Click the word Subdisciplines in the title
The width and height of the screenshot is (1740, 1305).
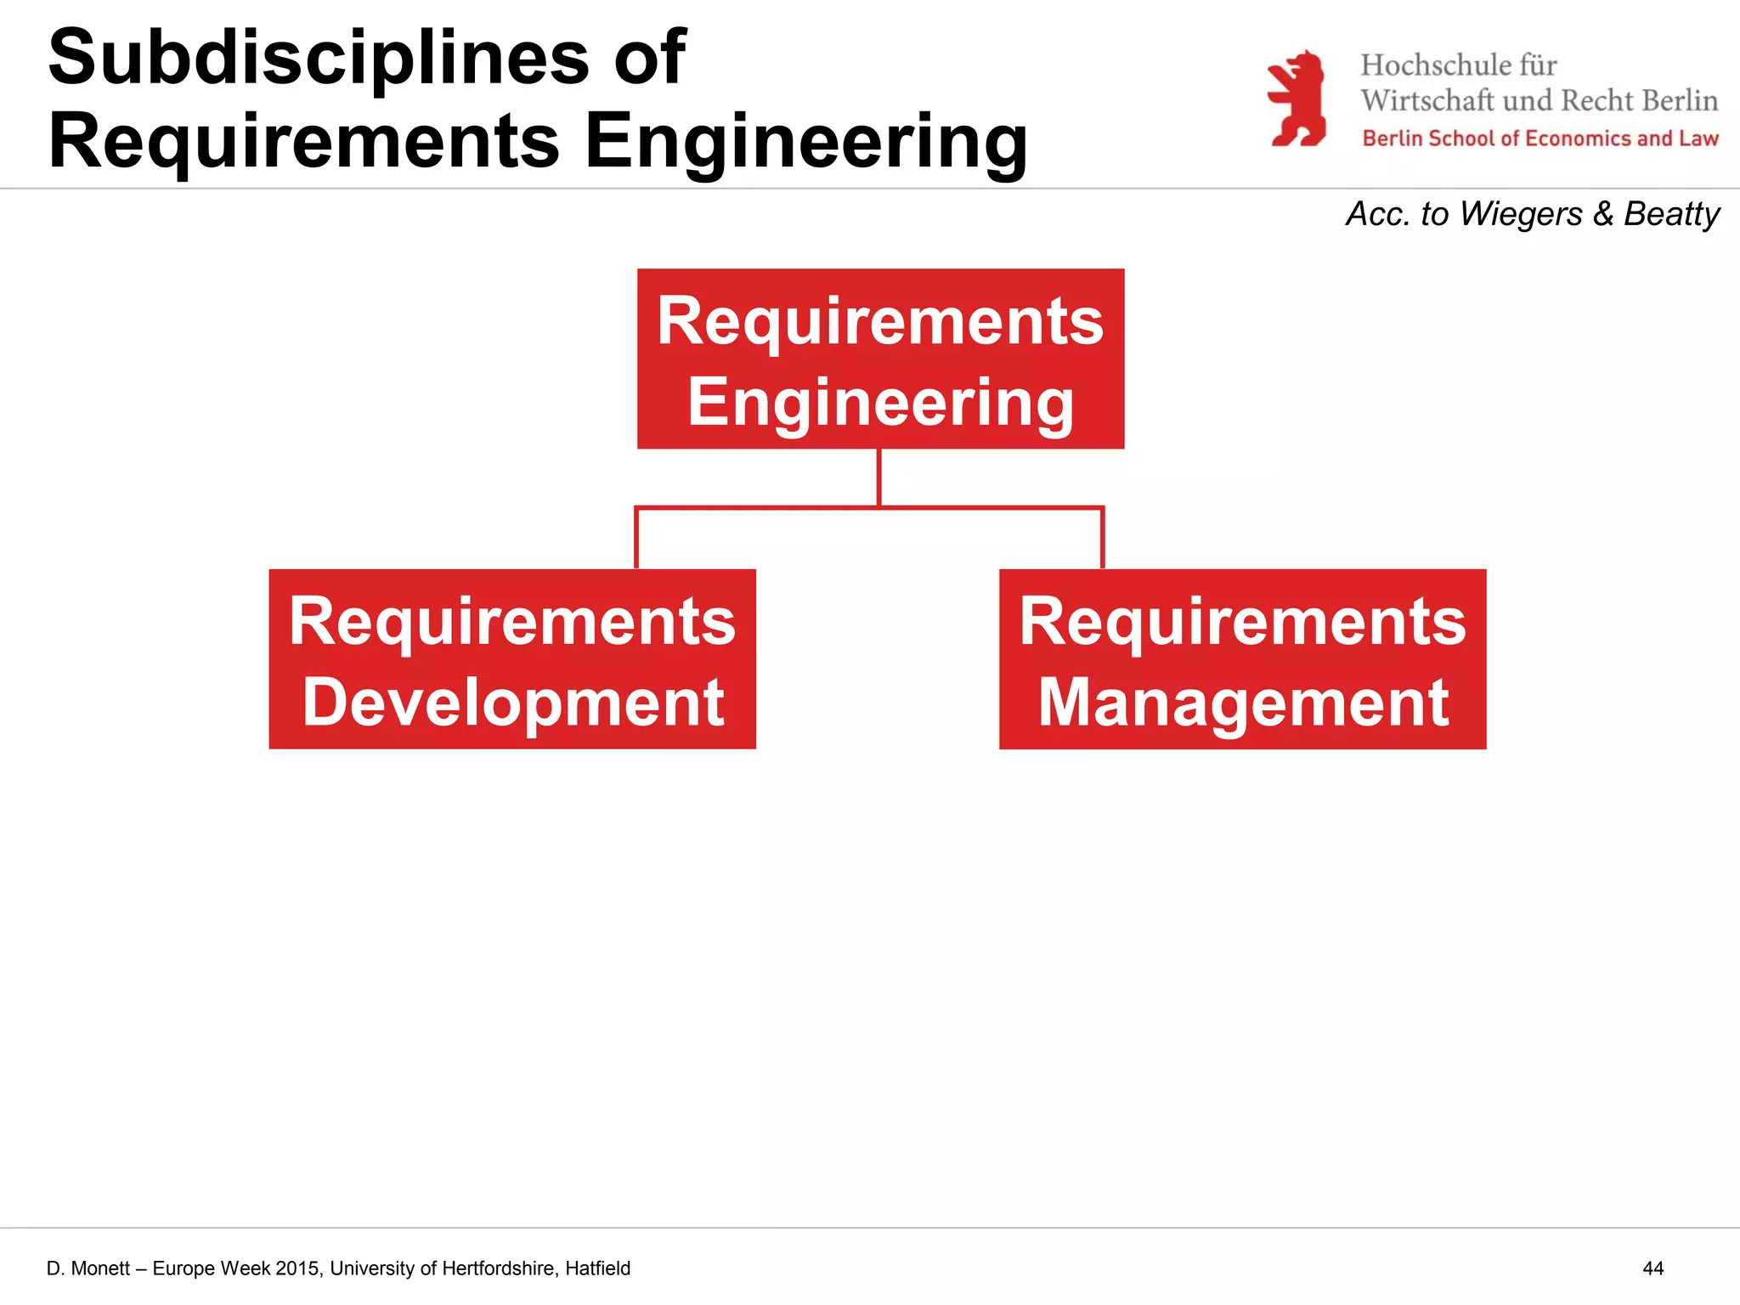319,58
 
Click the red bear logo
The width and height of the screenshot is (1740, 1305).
1297,99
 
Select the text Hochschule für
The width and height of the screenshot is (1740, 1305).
1458,65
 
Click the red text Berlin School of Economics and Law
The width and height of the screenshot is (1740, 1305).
1539,138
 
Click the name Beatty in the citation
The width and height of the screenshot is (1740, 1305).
1671,214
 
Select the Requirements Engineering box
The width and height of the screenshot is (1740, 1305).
880,359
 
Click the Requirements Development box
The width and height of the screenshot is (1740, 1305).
512,659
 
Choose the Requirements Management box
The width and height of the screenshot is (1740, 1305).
1242,659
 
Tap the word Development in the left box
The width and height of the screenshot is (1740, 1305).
513,703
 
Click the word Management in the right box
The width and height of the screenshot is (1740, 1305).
1243,703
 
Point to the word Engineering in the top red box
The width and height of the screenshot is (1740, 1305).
880,402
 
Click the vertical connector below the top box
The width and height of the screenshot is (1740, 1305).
878,477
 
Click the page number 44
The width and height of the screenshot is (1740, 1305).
1652,1268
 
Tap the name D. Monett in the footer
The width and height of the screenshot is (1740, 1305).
88,1268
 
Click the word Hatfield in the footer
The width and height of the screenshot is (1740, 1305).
597,1268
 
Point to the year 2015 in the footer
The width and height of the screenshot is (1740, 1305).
297,1268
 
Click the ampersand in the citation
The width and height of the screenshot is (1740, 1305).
1602,214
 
